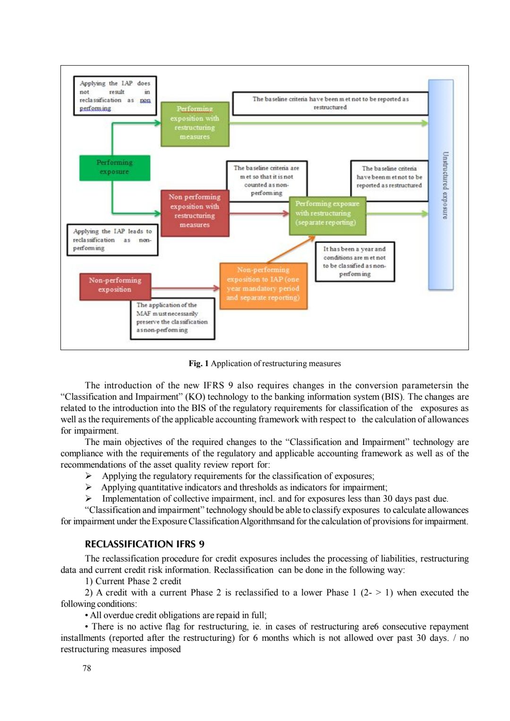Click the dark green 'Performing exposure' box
point(115,168)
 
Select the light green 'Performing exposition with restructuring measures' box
point(195,123)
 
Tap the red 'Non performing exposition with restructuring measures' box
point(195,211)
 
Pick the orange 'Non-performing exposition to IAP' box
point(263,285)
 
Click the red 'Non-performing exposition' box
point(115,285)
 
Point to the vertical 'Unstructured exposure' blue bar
point(441,185)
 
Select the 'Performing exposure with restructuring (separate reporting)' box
point(327,213)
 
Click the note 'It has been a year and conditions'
point(354,261)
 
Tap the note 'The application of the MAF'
point(172,318)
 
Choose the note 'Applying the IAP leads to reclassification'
point(112,240)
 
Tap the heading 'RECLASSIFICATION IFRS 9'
point(144,544)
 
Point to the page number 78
point(87,668)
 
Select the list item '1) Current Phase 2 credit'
point(133,581)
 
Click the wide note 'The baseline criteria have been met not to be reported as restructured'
point(330,103)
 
